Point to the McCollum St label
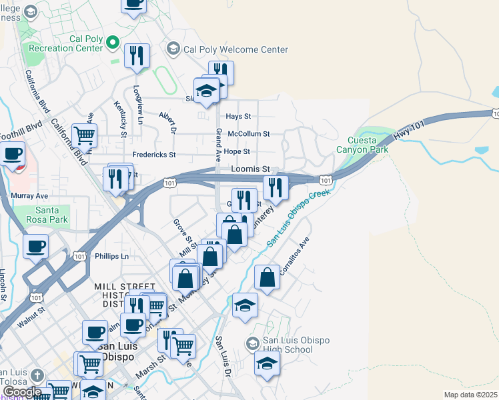coord(248,133)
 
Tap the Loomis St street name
coord(250,169)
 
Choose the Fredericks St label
coord(153,155)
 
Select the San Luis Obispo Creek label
coord(299,218)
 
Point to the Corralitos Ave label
coord(296,254)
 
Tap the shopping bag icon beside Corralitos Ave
coord(267,277)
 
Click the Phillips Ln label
coord(111,256)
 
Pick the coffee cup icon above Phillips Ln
coord(36,245)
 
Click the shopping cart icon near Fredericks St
coord(85,135)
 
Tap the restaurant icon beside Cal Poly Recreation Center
coord(137,55)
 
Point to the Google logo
coord(21,392)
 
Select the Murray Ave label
coord(30,196)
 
